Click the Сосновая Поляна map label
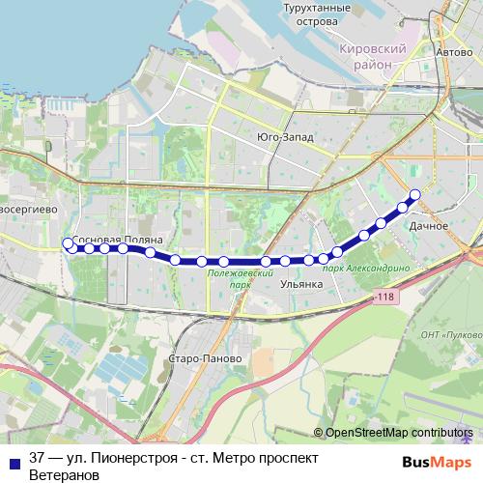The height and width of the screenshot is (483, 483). (117, 237)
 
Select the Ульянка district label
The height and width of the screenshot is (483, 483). (300, 285)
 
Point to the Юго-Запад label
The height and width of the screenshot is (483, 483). (285, 137)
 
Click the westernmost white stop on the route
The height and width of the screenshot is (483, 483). (67, 243)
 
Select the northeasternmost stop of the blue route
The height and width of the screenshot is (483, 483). (415, 194)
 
